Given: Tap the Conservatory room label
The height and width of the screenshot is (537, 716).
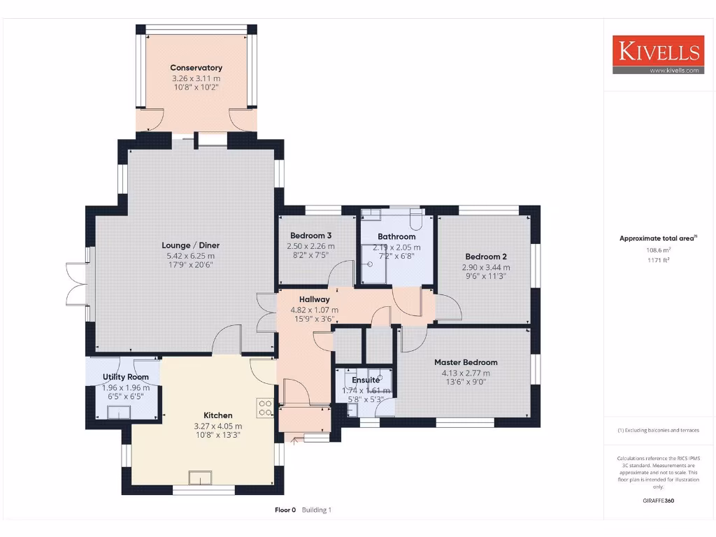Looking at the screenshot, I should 196,68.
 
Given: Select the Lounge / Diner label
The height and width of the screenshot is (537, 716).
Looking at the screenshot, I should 190,245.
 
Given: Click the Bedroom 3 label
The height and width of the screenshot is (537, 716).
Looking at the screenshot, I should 310,236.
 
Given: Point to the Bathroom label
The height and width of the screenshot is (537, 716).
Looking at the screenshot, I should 396,236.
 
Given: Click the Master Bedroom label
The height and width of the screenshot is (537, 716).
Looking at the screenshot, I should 466,362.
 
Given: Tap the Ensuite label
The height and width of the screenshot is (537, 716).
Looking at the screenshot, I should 366,380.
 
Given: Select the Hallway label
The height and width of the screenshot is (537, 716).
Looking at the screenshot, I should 314,299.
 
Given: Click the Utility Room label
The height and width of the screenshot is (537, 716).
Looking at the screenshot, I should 126,377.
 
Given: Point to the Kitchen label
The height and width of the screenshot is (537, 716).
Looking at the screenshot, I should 217,415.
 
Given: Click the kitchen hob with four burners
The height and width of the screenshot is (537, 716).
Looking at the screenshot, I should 265,408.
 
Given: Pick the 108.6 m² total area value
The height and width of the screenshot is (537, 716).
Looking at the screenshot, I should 657,250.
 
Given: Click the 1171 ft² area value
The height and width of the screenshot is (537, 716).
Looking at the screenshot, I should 657,259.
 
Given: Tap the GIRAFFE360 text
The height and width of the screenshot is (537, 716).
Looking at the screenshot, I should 658,501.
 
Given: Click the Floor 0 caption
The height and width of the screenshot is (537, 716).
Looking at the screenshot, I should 285,510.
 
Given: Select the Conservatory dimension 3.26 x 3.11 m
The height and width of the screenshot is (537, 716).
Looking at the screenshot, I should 196,79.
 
